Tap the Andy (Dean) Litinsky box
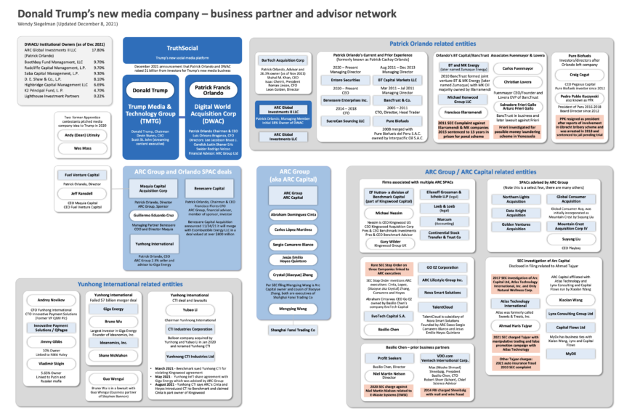click(x=78, y=134)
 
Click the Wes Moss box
click(x=78, y=147)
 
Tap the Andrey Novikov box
click(x=51, y=299)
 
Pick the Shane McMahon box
click(x=113, y=354)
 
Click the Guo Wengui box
click(x=113, y=378)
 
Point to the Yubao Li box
click(x=190, y=308)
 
